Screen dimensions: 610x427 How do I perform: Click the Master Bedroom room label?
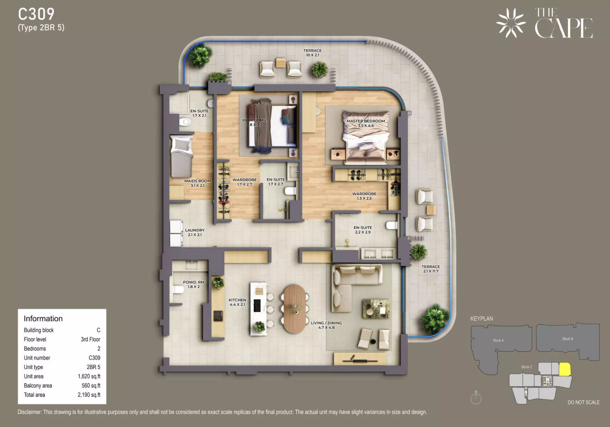click(x=366, y=123)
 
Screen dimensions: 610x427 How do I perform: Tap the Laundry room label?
click(x=195, y=232)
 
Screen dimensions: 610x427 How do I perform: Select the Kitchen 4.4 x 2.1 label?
click(x=237, y=302)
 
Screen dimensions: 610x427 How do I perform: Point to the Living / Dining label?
click(x=326, y=325)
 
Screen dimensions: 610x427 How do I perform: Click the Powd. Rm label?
click(x=194, y=284)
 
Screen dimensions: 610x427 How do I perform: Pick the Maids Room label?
click(x=198, y=183)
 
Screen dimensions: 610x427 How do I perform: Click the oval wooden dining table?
click(x=294, y=309)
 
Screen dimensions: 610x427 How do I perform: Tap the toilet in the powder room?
click(x=178, y=289)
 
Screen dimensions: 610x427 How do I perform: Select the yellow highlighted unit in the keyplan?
click(x=565, y=369)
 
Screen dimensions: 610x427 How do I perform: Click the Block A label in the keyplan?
click(x=498, y=340)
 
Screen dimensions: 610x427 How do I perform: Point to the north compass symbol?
click(x=476, y=398)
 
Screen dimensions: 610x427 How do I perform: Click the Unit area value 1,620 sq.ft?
click(x=89, y=376)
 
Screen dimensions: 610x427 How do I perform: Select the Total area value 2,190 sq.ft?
click(x=89, y=395)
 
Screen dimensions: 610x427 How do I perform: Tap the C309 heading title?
click(x=36, y=14)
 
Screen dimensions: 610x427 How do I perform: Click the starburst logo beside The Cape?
click(x=511, y=23)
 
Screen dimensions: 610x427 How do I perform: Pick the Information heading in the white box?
click(x=43, y=318)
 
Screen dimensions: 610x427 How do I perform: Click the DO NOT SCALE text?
click(x=584, y=402)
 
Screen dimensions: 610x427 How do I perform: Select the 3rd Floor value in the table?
click(x=91, y=339)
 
